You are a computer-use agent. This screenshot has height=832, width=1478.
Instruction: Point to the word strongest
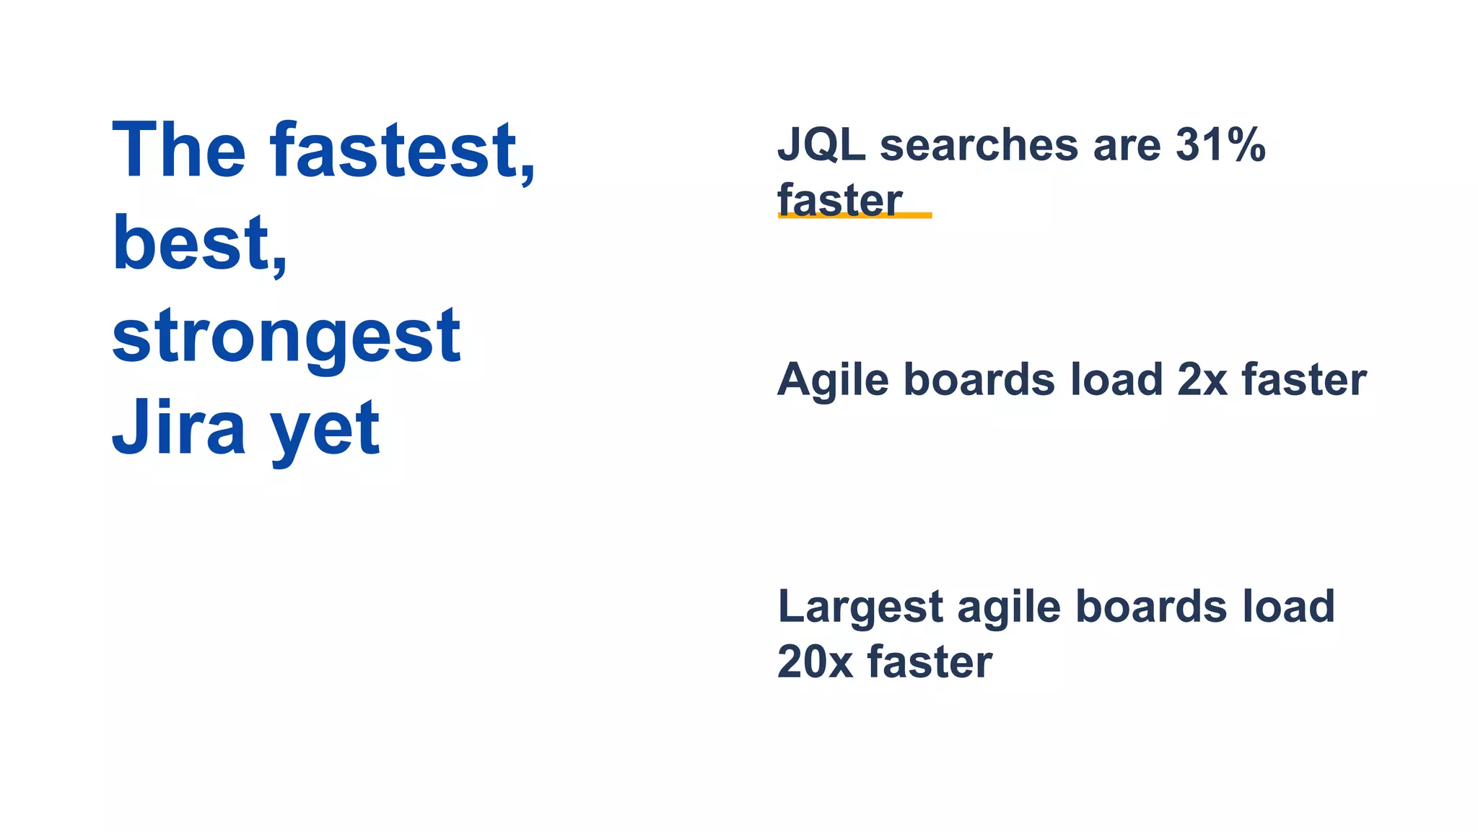click(x=286, y=337)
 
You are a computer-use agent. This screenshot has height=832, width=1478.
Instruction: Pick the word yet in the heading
click(x=325, y=430)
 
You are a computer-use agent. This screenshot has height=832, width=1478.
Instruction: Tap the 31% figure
click(x=1220, y=144)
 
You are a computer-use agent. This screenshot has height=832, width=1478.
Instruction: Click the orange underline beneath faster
click(x=854, y=215)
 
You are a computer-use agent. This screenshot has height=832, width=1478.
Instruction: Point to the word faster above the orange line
click(x=840, y=199)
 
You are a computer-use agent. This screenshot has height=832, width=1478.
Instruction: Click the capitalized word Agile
click(x=833, y=380)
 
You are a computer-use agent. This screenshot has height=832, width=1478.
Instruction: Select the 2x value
click(x=1202, y=380)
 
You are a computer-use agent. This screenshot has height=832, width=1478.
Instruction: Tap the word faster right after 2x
click(x=1303, y=380)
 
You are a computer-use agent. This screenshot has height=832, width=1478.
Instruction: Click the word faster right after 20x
click(x=930, y=662)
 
